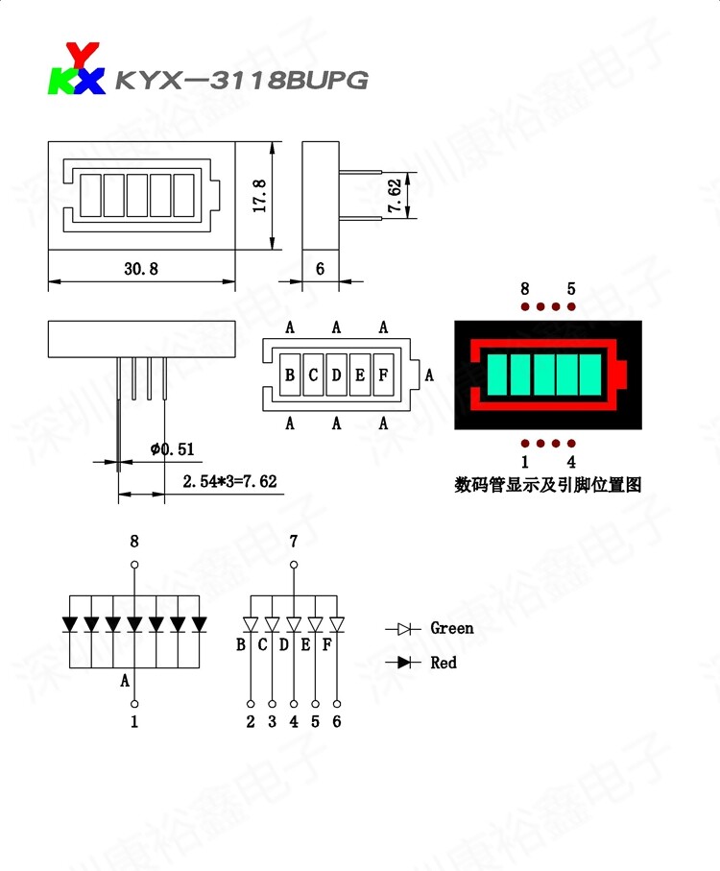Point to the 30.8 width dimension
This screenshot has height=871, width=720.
tap(140, 269)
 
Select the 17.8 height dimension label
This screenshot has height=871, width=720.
tap(258, 197)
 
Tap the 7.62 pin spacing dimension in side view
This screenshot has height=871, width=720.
tap(395, 195)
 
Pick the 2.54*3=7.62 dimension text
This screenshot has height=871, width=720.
tap(229, 481)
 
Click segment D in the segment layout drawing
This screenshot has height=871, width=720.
tap(336, 375)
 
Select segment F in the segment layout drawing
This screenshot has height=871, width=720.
tap(382, 375)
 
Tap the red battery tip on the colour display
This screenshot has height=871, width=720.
tap(620, 372)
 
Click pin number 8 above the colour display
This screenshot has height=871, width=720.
tap(524, 288)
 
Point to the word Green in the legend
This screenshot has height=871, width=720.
tap(451, 629)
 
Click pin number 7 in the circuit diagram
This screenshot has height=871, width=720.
tap(294, 543)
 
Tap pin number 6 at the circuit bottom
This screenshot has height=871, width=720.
tap(336, 722)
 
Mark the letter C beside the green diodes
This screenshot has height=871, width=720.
tap(262, 644)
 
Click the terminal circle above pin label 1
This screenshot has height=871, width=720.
tap(134, 702)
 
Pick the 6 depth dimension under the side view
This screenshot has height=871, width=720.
tap(320, 269)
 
